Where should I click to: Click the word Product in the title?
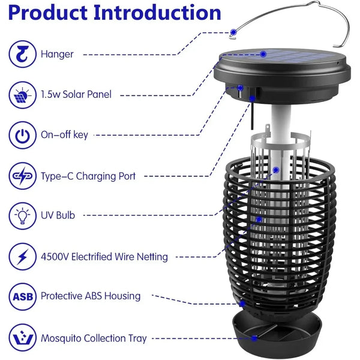pyautogui.click(x=48, y=13)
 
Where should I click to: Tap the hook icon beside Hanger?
pyautogui.click(x=23, y=54)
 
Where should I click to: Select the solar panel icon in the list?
pyautogui.click(x=23, y=95)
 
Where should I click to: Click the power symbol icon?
pyautogui.click(x=23, y=135)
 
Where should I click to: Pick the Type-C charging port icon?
pyautogui.click(x=23, y=176)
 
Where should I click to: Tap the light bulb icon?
pyautogui.click(x=23, y=216)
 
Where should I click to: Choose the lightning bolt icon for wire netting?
pyautogui.click(x=23, y=256)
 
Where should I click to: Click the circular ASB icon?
pyautogui.click(x=23, y=296)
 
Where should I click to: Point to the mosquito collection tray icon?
pyautogui.click(x=23, y=338)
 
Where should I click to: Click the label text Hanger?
pyautogui.click(x=57, y=55)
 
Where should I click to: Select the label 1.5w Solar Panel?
pyautogui.click(x=76, y=94)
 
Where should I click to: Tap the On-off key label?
pyautogui.click(x=64, y=135)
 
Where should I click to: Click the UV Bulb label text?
pyautogui.click(x=58, y=215)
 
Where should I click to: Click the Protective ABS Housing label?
pyautogui.click(x=91, y=296)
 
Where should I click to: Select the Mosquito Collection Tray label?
pyautogui.click(x=94, y=338)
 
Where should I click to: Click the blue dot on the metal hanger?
pyautogui.click(x=233, y=32)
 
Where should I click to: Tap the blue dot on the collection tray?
pyautogui.click(x=254, y=338)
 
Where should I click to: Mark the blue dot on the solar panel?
pyautogui.click(x=263, y=54)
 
